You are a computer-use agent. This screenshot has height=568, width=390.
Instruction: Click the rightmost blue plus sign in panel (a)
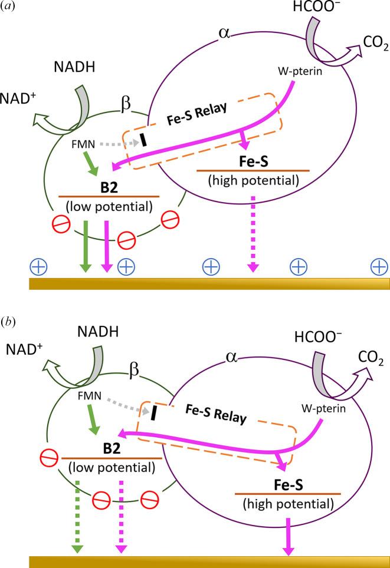(x=378, y=267)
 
